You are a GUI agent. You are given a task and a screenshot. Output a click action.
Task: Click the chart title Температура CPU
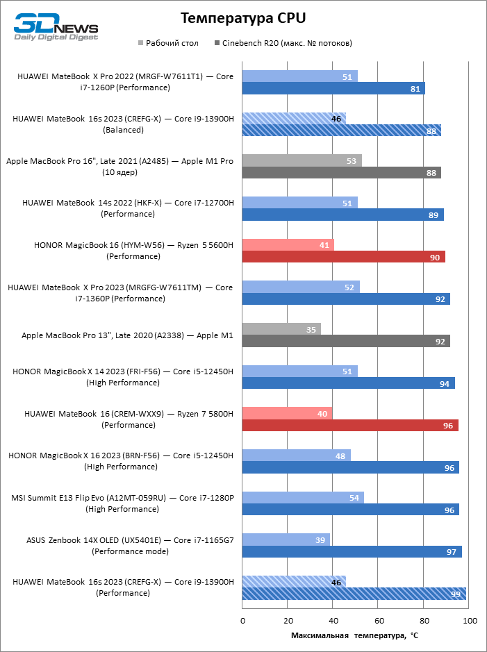(x=242, y=17)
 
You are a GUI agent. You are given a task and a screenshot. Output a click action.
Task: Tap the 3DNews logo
(x=56, y=26)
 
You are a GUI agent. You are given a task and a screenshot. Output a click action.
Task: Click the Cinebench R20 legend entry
(x=286, y=43)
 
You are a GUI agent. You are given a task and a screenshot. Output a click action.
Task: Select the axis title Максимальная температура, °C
(x=354, y=635)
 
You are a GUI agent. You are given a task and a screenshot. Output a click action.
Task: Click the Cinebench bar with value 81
(x=333, y=88)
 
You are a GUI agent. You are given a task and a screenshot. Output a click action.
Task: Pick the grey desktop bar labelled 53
(x=302, y=160)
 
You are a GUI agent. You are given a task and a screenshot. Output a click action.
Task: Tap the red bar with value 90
(x=343, y=257)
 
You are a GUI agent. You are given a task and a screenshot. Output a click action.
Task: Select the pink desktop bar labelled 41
(x=288, y=245)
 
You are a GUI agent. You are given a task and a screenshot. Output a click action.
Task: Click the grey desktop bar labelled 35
(x=281, y=329)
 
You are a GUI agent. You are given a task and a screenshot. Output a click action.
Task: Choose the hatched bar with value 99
(x=354, y=594)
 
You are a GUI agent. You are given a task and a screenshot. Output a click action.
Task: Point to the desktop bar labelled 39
(x=286, y=540)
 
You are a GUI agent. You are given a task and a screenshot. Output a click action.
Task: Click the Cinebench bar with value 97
(x=352, y=551)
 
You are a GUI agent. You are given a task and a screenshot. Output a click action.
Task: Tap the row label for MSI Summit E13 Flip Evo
(x=122, y=503)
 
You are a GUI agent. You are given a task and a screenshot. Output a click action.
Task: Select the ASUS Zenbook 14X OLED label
(x=129, y=545)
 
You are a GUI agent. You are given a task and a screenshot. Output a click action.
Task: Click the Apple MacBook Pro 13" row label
(x=127, y=335)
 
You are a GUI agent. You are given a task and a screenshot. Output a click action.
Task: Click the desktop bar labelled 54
(x=303, y=498)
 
